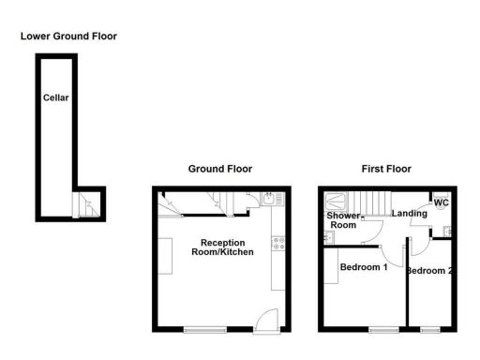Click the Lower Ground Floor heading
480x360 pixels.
69,36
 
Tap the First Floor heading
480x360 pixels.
385,169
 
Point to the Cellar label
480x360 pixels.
55,97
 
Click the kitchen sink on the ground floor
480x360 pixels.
268,199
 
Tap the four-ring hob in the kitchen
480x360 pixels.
277,245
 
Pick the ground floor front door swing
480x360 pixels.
267,318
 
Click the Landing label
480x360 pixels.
410,213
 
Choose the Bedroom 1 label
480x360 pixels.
363,267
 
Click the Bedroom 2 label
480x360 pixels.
429,271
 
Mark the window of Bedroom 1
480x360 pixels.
382,329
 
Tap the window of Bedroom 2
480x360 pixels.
430,329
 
